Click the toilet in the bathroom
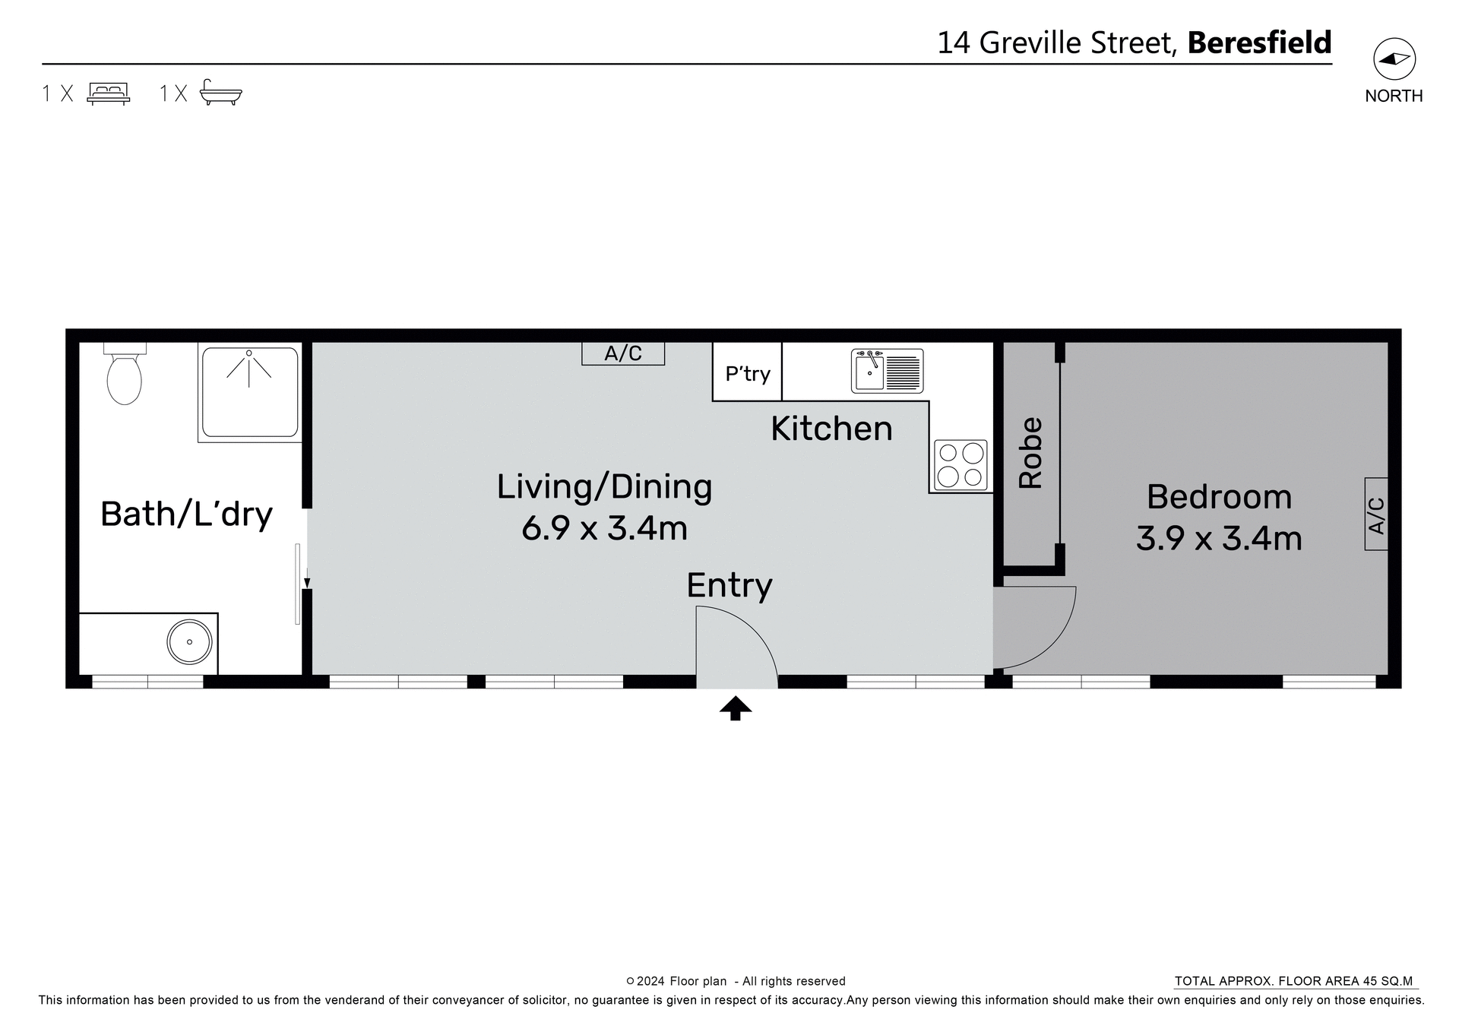pyautogui.click(x=125, y=377)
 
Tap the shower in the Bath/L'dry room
pyautogui.click(x=249, y=392)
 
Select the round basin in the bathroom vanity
pyautogui.click(x=189, y=642)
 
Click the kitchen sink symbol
pyautogui.click(x=887, y=371)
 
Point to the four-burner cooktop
pyautogui.click(x=961, y=464)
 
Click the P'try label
pyautogui.click(x=747, y=374)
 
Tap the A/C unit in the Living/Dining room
pyautogui.click(x=623, y=353)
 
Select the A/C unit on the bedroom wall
pyautogui.click(x=1376, y=514)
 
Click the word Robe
pyautogui.click(x=1030, y=452)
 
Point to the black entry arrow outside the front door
pyautogui.click(x=736, y=708)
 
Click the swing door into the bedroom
pyautogui.click(x=1033, y=627)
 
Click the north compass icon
pyautogui.click(x=1394, y=59)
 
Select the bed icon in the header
pyautogui.click(x=109, y=93)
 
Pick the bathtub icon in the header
pyautogui.click(x=220, y=93)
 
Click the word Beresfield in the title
pyautogui.click(x=1259, y=43)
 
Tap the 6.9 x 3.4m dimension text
pyautogui.click(x=604, y=528)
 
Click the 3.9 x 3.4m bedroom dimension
pyautogui.click(x=1219, y=539)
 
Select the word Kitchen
pyautogui.click(x=831, y=429)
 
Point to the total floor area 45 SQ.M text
pyautogui.click(x=1293, y=981)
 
